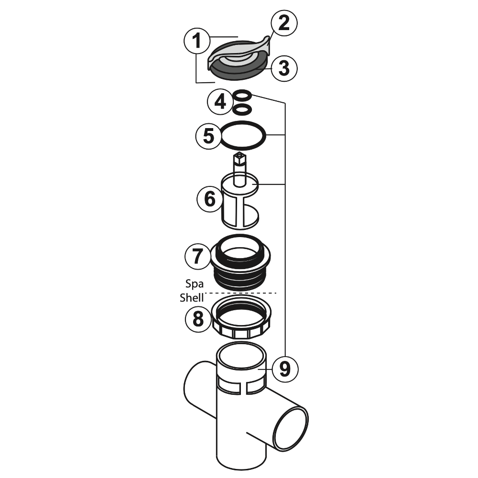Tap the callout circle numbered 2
284,23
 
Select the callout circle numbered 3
284,68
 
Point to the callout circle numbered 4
220,101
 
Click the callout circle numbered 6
210,199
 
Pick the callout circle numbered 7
197,257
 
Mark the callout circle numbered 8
197,318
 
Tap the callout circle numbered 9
284,368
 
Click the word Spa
194,284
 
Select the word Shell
192,297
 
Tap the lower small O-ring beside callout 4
242,109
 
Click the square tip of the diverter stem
239,156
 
